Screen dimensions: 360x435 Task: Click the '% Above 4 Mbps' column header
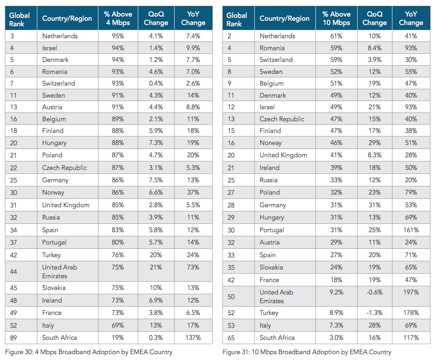click(118, 18)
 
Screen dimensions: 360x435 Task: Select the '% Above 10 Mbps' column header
click(336, 18)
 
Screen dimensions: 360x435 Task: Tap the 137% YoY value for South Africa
click(193, 338)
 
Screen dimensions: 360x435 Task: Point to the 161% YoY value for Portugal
click(411, 230)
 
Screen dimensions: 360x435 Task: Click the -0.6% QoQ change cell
click(374, 292)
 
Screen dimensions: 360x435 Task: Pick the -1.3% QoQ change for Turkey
click(374, 313)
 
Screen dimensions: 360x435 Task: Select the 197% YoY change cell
click(411, 292)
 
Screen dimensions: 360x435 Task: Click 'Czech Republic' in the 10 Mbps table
click(282, 119)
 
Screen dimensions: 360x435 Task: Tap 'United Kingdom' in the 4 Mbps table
click(66, 205)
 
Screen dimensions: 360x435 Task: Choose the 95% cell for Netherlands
click(118, 36)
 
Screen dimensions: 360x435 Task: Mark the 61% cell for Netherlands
click(336, 36)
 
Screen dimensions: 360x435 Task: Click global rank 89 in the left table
click(14, 338)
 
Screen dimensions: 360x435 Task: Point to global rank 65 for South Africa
click(231, 338)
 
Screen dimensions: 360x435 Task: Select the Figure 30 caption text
click(89, 352)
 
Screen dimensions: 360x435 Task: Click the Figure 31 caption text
click(307, 352)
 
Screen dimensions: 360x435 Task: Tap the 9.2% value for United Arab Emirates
click(336, 292)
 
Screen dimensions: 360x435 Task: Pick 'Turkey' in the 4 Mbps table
click(51, 255)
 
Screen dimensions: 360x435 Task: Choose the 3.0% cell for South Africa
click(336, 338)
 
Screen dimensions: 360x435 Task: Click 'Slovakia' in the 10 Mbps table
click(271, 267)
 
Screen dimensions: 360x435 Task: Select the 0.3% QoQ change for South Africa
click(156, 338)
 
